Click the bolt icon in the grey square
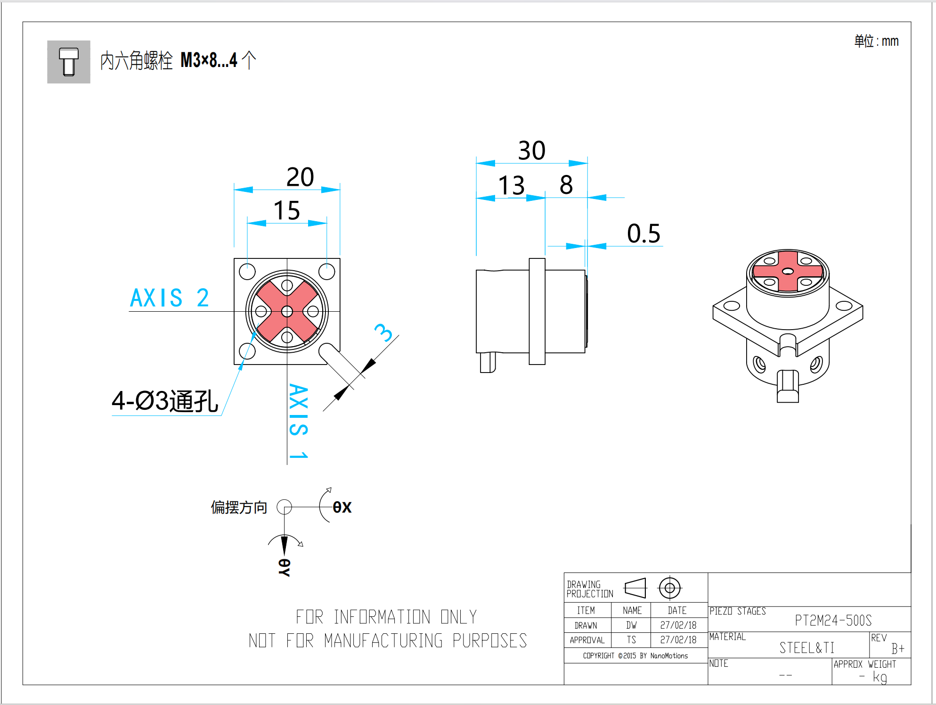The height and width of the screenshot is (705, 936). [x=69, y=62]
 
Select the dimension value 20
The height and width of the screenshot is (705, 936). [x=300, y=177]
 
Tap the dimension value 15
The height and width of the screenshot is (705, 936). [x=286, y=210]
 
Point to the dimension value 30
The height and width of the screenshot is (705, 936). [x=532, y=151]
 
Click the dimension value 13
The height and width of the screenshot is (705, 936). [x=511, y=185]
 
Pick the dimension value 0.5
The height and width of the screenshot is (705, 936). [x=643, y=233]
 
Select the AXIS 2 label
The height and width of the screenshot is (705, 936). [x=169, y=298]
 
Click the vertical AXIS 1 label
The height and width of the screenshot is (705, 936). [x=298, y=421]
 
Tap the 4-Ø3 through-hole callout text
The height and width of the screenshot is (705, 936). [x=165, y=401]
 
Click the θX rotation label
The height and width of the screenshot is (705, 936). [x=342, y=507]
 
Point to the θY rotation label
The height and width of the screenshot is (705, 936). [x=284, y=567]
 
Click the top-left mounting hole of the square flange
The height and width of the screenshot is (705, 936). [x=247, y=272]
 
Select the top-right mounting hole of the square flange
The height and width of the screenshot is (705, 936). [x=326, y=272]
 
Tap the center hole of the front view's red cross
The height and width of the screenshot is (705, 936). [x=287, y=311]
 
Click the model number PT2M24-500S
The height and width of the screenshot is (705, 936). [x=833, y=620]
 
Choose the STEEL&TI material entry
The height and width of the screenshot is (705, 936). [x=806, y=647]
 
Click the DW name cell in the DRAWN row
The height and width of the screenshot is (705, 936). [x=631, y=625]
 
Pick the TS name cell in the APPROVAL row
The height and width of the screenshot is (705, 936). [x=631, y=640]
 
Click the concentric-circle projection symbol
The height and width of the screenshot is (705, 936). [x=669, y=588]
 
